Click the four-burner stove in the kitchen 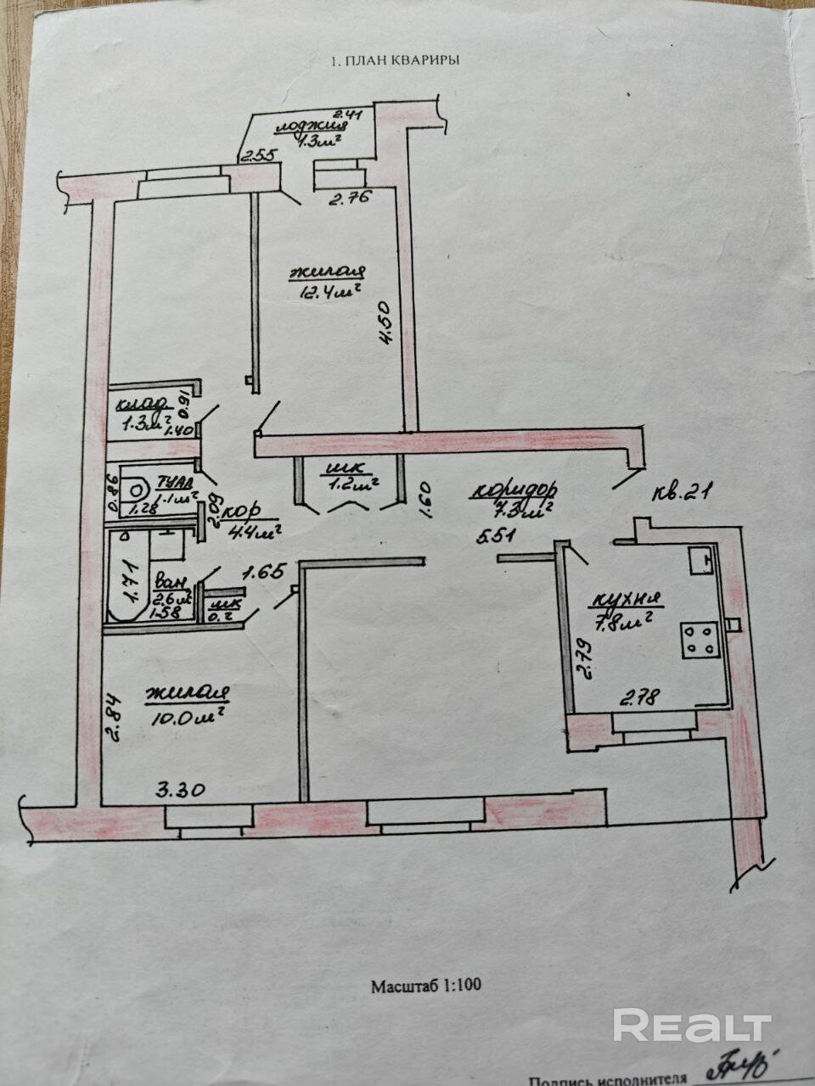(x=700, y=638)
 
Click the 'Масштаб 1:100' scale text (x=426, y=986)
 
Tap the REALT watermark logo (x=692, y=1026)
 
